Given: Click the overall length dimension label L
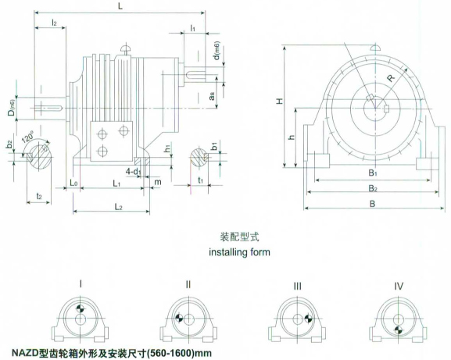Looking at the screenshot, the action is pos(120,6).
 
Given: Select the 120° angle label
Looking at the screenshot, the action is pos(28,137).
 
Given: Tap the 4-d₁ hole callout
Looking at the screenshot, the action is pos(133,172).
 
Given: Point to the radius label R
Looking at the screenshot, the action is pos(391,78).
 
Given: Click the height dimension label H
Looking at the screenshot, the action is pos(280,101).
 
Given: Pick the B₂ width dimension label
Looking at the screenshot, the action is pos(373,188).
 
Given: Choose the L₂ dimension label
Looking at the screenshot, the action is pos(119,207).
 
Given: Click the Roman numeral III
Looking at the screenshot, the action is pos(297,286).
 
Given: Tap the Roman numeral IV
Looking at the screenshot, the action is pos(399,286).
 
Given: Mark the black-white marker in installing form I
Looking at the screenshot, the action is pos(80,308).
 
